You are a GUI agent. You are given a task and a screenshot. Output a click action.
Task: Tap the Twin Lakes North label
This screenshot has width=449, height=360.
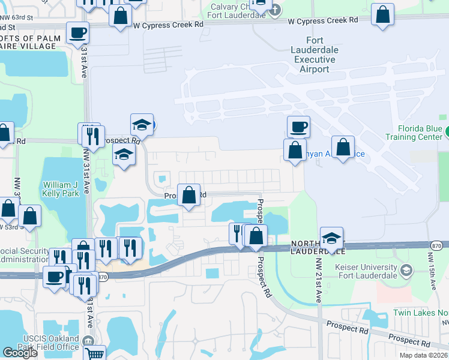(420, 313)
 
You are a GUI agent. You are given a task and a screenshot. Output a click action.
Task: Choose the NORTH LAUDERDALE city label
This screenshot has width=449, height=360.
(318, 248)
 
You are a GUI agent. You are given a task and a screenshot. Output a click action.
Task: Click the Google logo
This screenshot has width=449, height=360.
(20, 353)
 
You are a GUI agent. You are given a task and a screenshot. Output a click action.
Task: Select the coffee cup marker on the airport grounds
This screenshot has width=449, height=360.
(298, 127)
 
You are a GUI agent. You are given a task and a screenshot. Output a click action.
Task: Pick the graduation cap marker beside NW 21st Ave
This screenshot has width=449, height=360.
(331, 238)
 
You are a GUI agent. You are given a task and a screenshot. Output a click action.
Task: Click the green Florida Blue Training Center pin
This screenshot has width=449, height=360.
(447, 130)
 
